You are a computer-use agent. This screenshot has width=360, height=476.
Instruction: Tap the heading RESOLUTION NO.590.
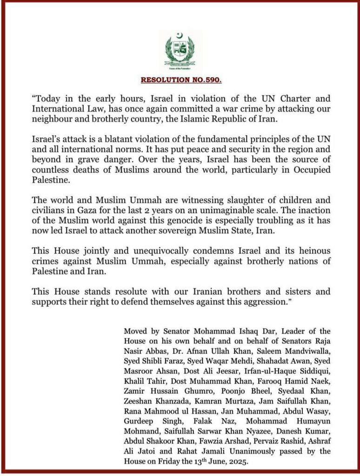point(181,80)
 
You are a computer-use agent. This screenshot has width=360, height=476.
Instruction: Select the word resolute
point(122,292)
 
